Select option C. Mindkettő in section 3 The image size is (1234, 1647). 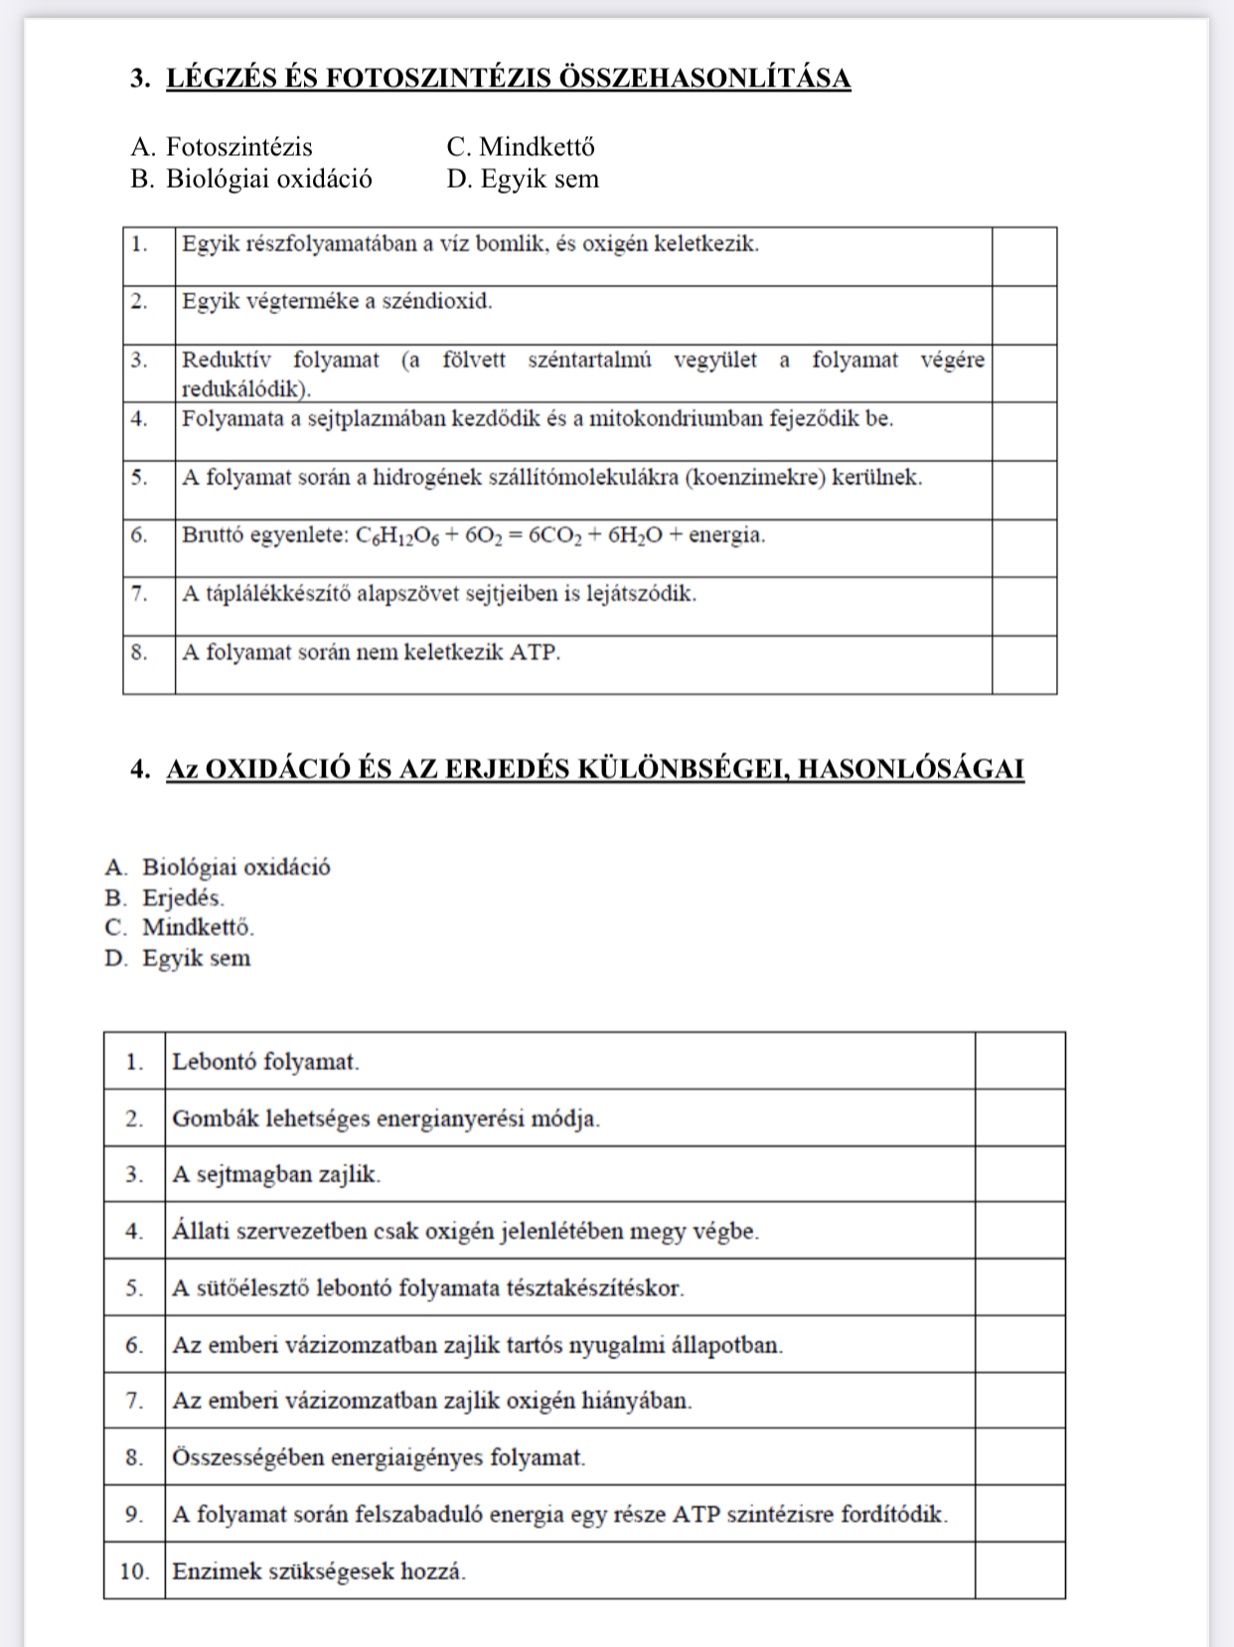click(521, 147)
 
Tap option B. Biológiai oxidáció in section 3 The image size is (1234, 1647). click(251, 179)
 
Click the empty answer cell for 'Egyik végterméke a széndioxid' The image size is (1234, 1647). click(1023, 315)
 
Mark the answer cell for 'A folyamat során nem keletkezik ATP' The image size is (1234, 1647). click(1023, 664)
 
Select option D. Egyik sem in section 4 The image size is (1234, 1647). click(178, 959)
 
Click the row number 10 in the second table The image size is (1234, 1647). click(134, 1572)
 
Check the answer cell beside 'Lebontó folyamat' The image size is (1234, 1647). click(1019, 1061)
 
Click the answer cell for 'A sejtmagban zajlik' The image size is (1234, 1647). click(1019, 1174)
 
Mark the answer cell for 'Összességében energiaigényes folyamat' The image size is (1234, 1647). click(1019, 1457)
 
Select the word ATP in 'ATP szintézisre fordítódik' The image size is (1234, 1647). click(696, 1515)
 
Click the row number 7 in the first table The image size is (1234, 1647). click(139, 594)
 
